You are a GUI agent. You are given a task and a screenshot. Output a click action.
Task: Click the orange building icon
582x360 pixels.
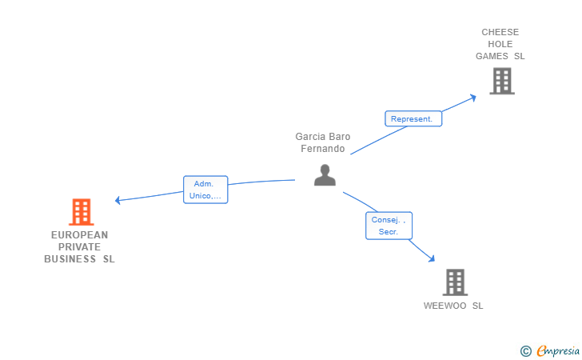[x=82, y=212]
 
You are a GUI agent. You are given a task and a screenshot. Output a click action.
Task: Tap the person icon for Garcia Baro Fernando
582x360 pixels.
[x=325, y=174]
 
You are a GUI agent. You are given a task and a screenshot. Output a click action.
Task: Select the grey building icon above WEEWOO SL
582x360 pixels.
[x=455, y=282]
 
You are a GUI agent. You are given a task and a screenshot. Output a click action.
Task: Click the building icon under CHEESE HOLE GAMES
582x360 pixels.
[x=502, y=81]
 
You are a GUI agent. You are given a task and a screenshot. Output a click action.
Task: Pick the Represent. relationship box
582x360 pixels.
[x=413, y=119]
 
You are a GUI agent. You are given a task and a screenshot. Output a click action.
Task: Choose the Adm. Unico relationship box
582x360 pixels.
[x=205, y=190]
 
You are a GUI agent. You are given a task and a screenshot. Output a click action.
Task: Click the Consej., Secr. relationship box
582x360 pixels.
[x=389, y=226]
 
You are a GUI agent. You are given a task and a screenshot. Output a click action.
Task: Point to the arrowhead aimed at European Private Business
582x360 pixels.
[x=118, y=200]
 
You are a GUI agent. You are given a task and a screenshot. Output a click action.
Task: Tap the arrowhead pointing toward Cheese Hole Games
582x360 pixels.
[x=473, y=98]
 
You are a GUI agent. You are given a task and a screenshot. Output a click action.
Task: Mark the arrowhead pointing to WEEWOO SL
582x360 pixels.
[x=432, y=258]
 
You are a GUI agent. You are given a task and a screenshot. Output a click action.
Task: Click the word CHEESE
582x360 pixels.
[x=500, y=32]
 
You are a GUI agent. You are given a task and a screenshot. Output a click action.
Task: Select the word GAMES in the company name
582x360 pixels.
[x=492, y=56]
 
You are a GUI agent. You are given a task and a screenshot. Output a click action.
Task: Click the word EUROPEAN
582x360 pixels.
[x=79, y=235]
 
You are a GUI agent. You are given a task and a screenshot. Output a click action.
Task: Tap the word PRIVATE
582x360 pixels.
[x=79, y=247]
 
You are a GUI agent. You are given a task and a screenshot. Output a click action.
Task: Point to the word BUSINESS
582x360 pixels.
[x=70, y=259]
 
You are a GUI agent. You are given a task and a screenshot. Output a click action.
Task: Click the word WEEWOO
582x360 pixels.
[x=444, y=306]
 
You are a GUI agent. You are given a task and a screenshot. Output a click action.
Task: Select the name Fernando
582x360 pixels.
[x=322, y=149]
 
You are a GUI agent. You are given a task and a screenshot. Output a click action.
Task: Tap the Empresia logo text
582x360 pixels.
[x=558, y=350]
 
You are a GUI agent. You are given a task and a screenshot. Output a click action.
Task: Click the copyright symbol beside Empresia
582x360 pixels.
[x=526, y=351]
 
